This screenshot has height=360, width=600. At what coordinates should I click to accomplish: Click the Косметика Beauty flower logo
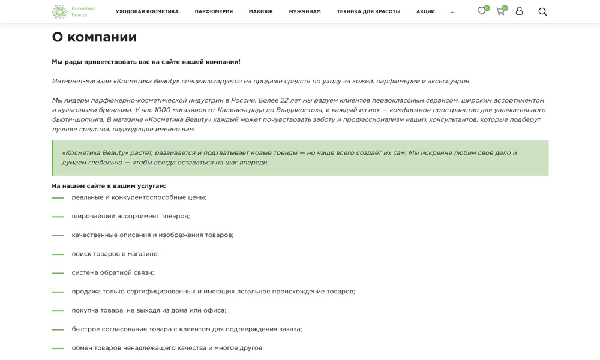click(59, 11)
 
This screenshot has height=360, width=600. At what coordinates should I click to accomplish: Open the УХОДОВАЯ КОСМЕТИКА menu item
click(147, 11)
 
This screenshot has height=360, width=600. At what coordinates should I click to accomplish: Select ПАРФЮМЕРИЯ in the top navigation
click(214, 11)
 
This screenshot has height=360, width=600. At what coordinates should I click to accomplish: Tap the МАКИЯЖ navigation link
click(260, 11)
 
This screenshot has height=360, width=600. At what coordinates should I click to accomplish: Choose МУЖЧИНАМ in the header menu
click(305, 11)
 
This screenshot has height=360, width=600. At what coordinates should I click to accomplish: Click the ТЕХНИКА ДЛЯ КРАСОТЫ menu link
click(368, 11)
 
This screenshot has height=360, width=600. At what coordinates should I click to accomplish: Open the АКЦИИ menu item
click(425, 11)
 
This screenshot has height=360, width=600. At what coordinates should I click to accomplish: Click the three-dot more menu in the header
click(452, 12)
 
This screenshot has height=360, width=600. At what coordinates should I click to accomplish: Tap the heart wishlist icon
click(482, 11)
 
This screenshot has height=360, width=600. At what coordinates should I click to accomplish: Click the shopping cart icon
click(500, 11)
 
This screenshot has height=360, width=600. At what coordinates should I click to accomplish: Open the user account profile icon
click(519, 11)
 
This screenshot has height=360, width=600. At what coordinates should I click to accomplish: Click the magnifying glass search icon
click(542, 11)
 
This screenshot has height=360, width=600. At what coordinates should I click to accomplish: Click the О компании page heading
click(94, 37)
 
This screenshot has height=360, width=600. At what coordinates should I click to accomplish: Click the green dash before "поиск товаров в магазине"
click(58, 254)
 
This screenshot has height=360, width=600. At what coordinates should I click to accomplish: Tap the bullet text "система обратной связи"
click(113, 272)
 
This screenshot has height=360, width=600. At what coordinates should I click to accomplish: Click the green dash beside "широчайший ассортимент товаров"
click(58, 217)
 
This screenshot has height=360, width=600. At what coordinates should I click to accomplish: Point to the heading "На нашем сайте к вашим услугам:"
click(109, 186)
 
